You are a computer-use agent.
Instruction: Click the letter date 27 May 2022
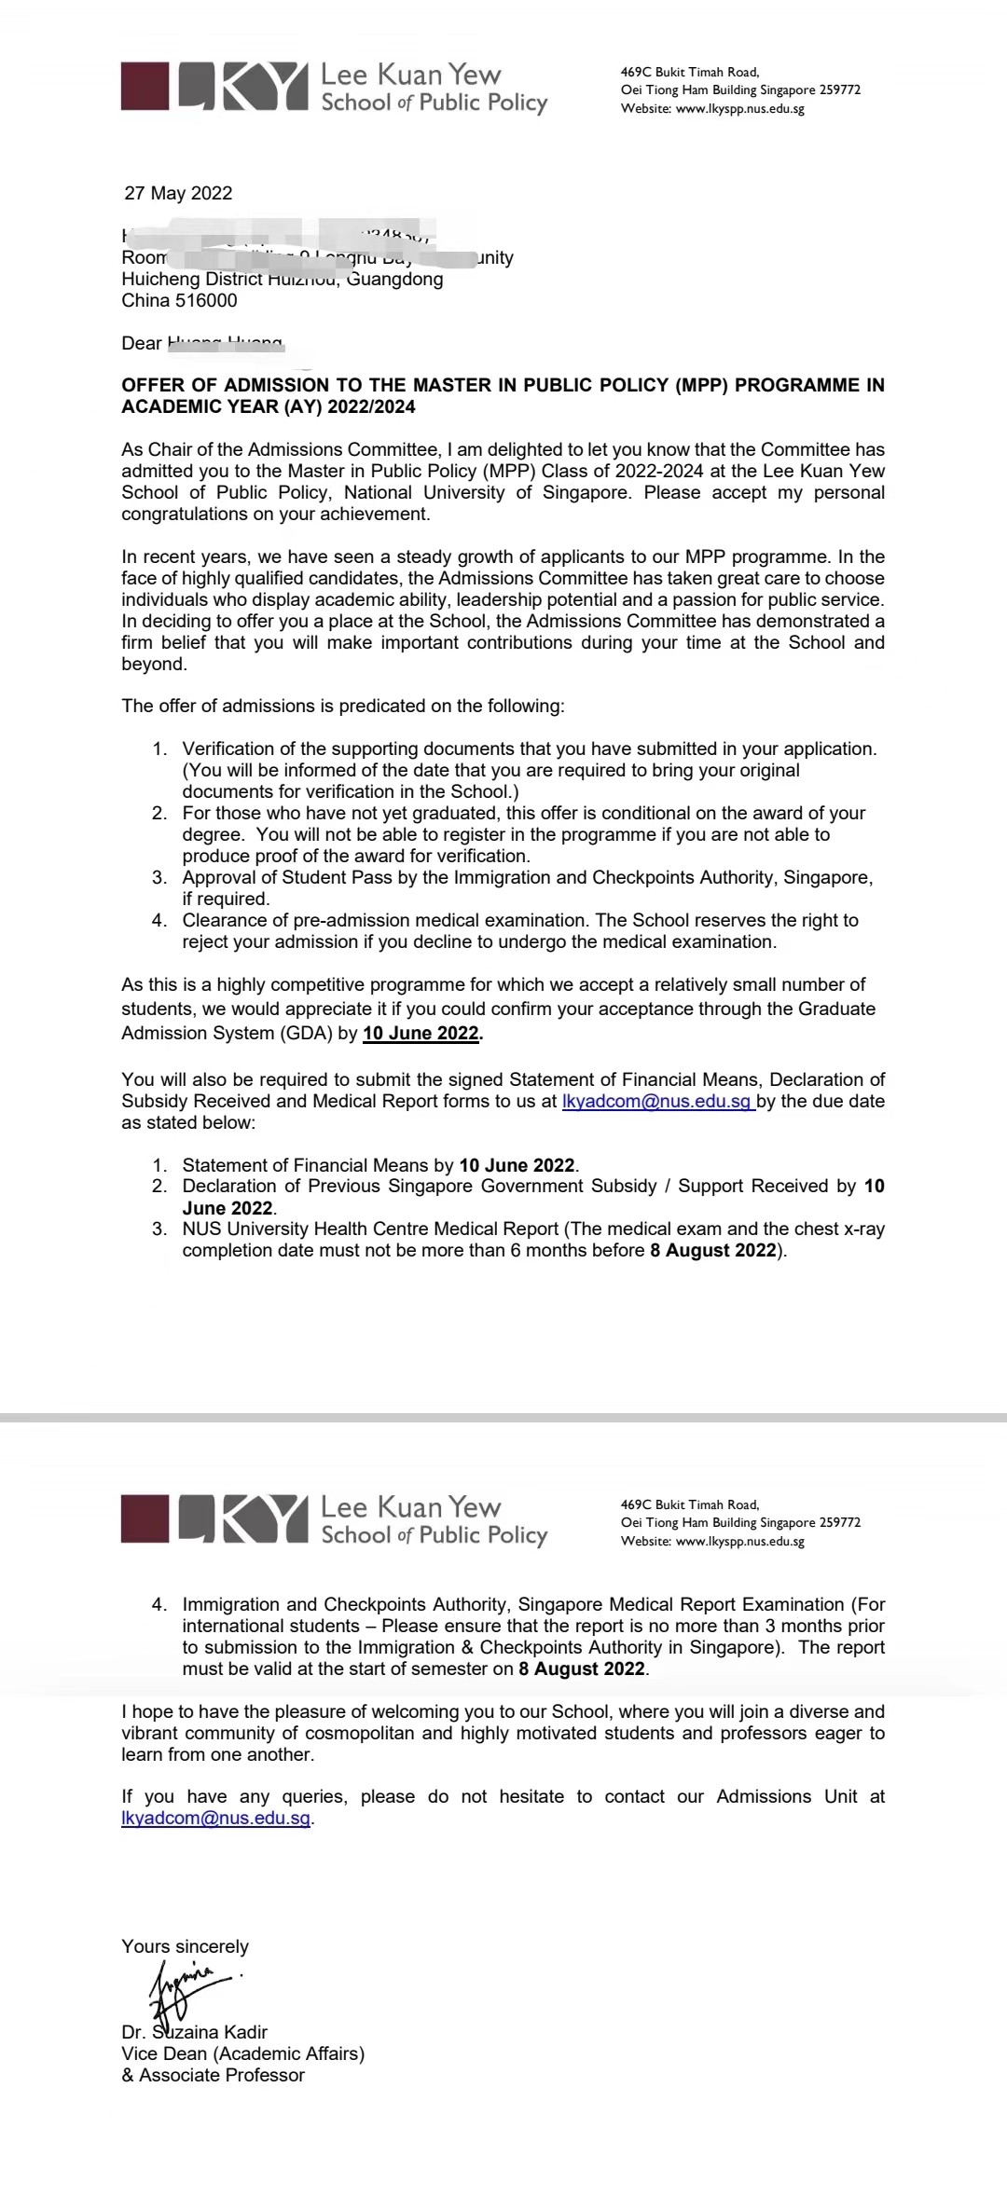(178, 193)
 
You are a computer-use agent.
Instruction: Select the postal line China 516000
(179, 300)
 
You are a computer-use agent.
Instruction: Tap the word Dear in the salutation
(141, 343)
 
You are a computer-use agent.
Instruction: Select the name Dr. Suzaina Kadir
(194, 2032)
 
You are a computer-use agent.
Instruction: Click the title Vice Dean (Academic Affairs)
(242, 2053)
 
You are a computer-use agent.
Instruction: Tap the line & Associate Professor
(213, 2075)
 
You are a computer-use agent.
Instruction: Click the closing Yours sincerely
(185, 1946)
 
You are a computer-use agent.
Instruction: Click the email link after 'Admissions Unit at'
(215, 1818)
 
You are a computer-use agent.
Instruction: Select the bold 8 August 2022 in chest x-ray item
(713, 1250)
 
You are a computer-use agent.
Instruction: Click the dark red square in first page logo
(145, 87)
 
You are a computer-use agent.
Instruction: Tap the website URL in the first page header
(739, 108)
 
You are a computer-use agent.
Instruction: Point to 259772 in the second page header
(839, 1522)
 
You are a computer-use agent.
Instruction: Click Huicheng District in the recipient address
(192, 279)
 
